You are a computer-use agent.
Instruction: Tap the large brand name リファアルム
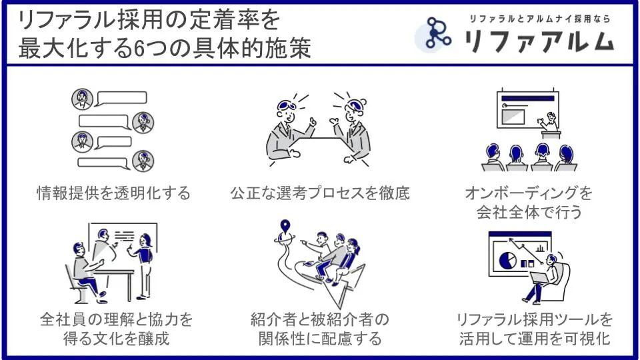click(539, 41)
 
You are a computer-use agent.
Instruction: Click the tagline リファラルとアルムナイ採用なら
click(539, 19)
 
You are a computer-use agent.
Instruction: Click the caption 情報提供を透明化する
click(113, 193)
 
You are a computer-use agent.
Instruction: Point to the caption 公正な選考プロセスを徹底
click(319, 193)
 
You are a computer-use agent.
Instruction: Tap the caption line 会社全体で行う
click(529, 212)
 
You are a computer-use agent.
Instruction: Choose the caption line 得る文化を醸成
click(116, 339)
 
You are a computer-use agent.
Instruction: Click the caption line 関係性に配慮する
click(320, 339)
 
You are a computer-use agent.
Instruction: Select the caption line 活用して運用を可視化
click(534, 339)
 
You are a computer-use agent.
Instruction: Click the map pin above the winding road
click(285, 227)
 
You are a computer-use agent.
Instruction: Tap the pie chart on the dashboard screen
click(507, 259)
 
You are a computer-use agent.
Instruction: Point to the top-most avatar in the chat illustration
click(83, 99)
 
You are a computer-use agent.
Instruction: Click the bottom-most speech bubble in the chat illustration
click(104, 163)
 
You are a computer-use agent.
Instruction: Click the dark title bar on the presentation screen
click(528, 99)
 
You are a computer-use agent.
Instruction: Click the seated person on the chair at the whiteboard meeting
click(87, 270)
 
